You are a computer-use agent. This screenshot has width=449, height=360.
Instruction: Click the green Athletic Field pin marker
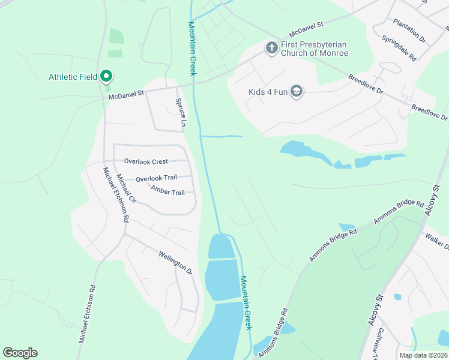tap(107, 76)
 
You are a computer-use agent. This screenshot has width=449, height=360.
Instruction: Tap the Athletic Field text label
tap(74, 77)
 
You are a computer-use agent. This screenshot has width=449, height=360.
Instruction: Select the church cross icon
tap(271, 47)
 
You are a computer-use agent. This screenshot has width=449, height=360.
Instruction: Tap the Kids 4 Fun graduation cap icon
tap(296, 91)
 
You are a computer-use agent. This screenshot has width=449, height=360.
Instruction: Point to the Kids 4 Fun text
tap(268, 92)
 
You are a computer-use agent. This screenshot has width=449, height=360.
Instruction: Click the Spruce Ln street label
tap(179, 113)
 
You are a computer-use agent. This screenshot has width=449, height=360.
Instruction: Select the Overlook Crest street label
tap(146, 161)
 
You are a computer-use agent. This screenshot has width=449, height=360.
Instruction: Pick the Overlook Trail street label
tap(155, 179)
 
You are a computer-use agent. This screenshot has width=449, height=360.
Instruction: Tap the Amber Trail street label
tap(167, 191)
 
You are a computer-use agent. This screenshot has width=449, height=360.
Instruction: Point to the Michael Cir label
tap(126, 188)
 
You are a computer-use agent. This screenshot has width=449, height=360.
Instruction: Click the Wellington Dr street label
tap(175, 263)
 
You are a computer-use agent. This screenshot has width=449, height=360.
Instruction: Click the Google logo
tap(20, 353)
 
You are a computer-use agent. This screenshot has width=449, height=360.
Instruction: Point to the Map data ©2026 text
tap(424, 355)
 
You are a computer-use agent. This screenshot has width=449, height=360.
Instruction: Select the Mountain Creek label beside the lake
tap(246, 302)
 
